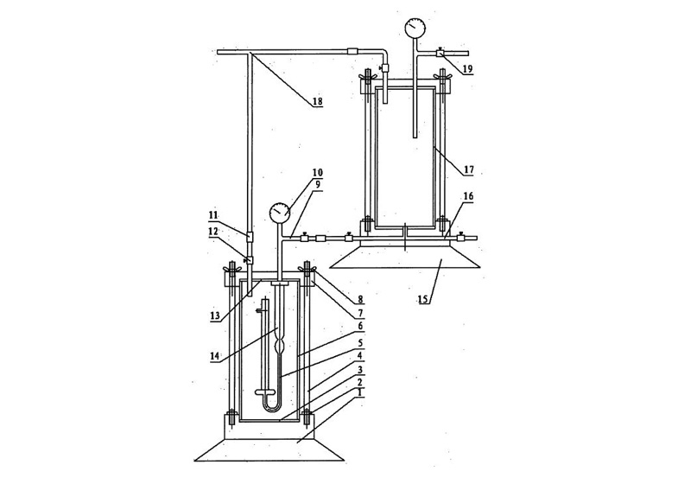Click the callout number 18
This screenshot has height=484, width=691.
317,102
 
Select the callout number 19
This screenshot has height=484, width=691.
467,69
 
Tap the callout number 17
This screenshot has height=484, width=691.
468,169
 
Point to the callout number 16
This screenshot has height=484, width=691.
468,196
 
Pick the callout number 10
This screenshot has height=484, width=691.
317,172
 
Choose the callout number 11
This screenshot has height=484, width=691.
213,216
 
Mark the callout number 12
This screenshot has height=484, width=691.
213,231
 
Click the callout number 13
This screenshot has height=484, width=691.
214,317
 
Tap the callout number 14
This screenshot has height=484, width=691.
214,356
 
